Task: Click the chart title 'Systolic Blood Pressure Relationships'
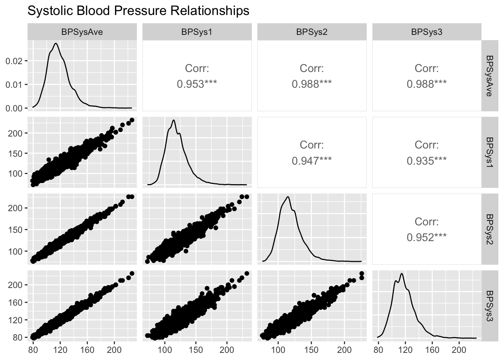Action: pos(138,11)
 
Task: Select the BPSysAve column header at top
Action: pos(82,32)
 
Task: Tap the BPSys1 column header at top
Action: pos(197,32)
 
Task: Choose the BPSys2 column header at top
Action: pos(312,32)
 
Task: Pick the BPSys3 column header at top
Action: pos(427,32)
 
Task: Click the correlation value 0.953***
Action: pos(197,84)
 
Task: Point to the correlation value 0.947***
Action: pos(312,161)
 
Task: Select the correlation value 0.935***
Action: pos(427,161)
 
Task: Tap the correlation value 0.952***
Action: pos(427,237)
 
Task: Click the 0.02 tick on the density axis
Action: pos(14,61)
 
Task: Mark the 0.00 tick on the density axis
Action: pos(14,108)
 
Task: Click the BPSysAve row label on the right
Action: pos(490,76)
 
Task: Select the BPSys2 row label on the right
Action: pos(490,229)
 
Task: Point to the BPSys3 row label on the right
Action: pos(490,306)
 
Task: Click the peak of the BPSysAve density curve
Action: pos(56,43)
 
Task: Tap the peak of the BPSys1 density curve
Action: pos(174,120)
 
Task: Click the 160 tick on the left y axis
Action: pos(15,302)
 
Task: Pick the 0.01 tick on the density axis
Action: pos(14,85)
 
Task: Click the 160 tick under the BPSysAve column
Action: pos(87,350)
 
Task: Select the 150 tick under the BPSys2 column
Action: pos(311,350)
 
